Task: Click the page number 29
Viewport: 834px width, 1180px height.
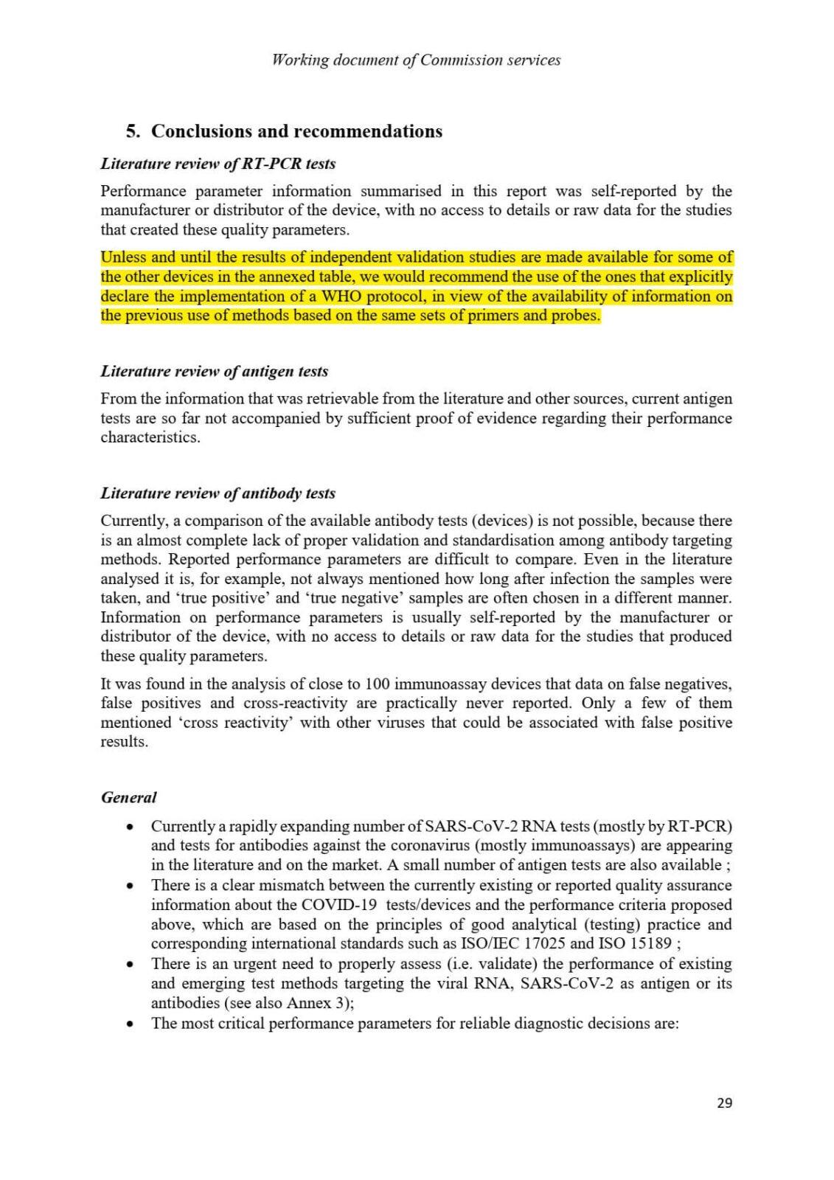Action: (724, 1103)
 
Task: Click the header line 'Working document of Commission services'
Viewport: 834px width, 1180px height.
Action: (417, 60)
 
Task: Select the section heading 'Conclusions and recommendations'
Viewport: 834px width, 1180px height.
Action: (296, 131)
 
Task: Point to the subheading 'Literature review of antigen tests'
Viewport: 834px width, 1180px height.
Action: (215, 371)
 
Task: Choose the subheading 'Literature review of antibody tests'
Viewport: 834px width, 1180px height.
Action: (218, 493)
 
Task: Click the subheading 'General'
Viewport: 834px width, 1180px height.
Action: (129, 797)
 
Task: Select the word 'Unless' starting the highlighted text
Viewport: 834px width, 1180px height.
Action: (123, 257)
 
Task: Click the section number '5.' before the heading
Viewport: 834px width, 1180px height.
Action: (133, 131)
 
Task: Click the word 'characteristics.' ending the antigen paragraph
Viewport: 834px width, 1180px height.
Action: (150, 437)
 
